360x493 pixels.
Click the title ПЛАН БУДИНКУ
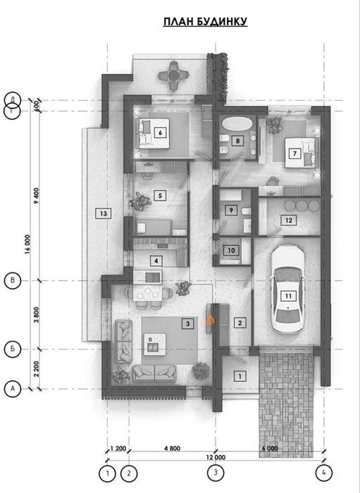click(205, 21)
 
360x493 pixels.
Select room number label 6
click(160, 132)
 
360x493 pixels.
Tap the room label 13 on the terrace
click(104, 214)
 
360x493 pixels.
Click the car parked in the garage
click(288, 288)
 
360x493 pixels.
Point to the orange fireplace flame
click(211, 320)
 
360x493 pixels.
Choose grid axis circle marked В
click(13, 280)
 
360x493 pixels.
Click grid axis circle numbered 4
click(324, 473)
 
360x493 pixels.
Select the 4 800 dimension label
click(173, 449)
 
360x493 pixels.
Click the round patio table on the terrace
click(173, 75)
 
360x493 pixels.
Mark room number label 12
click(289, 220)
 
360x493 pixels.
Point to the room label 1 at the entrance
click(240, 376)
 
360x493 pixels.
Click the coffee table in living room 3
click(155, 344)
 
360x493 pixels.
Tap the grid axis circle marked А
click(13, 389)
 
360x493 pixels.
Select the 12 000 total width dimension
click(216, 458)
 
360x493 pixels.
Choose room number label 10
click(231, 251)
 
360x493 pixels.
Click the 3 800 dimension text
click(37, 315)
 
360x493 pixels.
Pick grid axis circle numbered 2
click(129, 473)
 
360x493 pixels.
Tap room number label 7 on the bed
click(294, 154)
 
